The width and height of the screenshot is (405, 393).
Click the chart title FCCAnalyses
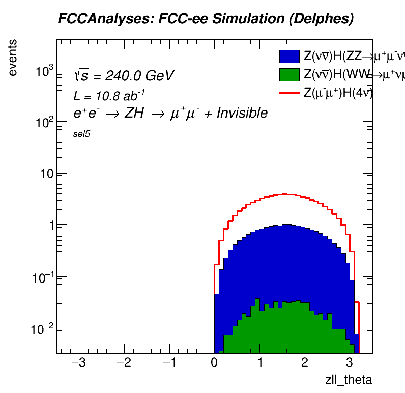[205, 19]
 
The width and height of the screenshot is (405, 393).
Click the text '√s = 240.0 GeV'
[124, 76]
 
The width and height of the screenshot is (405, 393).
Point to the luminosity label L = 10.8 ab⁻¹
[109, 95]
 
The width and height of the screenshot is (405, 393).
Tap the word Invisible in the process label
[242, 114]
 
